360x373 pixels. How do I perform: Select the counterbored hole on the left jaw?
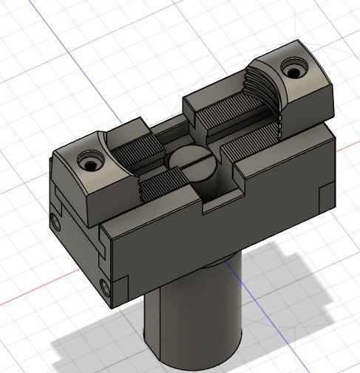click(91, 160)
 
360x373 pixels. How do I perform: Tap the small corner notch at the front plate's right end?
click(325, 195)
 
